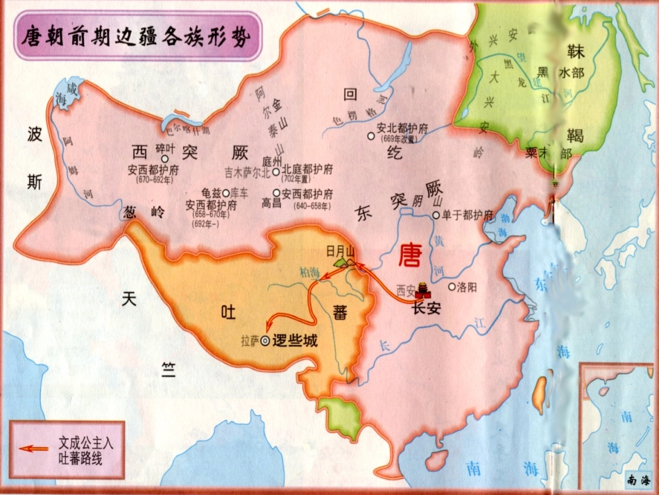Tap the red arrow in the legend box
pos(34,448)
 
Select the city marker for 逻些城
pos(265,341)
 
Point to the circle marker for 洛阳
pos(452,286)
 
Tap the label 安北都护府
pos(403,128)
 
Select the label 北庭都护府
pos(307,169)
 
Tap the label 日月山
pos(341,250)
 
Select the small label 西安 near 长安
pos(404,290)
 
